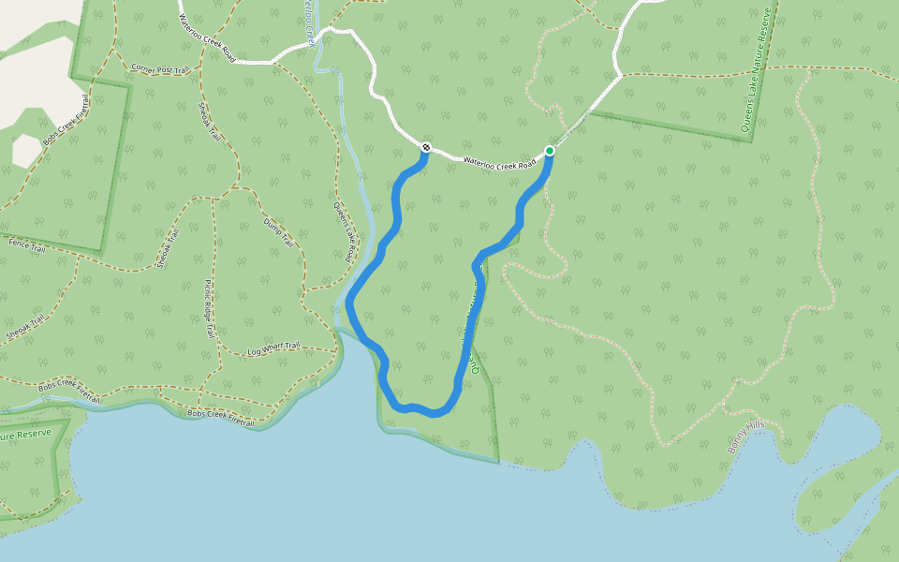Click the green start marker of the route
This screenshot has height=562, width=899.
(550, 151)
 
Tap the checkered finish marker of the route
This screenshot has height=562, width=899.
(426, 147)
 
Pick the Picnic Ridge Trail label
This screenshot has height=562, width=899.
(210, 308)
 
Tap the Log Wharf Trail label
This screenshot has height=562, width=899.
(273, 348)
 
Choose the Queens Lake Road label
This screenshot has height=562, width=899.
(345, 230)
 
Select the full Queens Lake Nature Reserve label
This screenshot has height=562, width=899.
(758, 73)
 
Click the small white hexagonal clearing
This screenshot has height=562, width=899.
(26, 151)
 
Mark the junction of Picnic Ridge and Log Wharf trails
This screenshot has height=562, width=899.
(219, 355)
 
